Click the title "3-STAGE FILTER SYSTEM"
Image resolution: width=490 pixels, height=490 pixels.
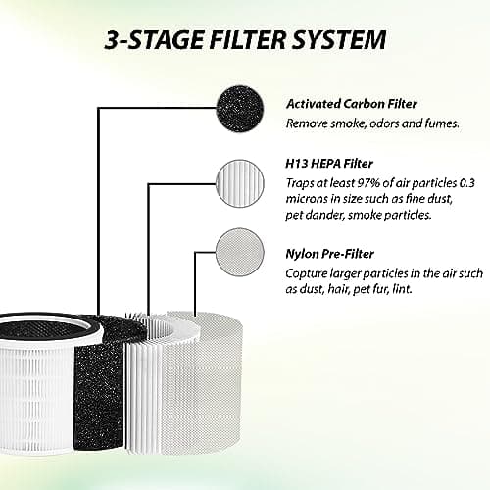pos(245,40)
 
